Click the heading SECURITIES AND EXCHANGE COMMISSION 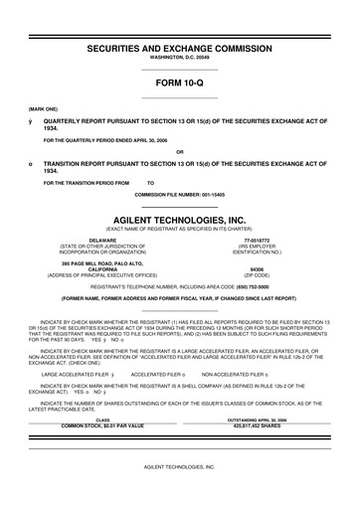(180, 48)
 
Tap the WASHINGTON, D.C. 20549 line (180, 59)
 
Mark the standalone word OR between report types (180, 152)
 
